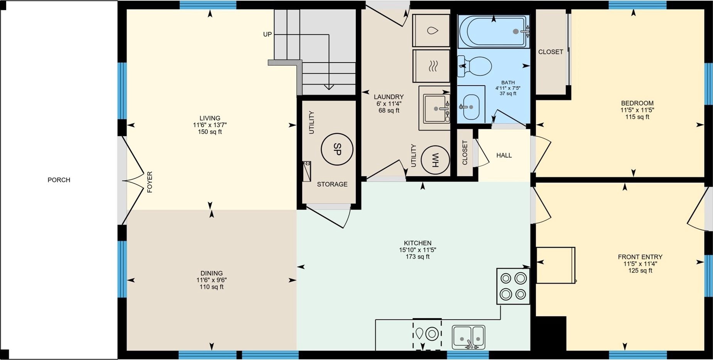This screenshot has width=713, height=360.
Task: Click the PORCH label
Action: click(59, 180)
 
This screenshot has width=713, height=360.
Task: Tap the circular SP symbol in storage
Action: click(337, 149)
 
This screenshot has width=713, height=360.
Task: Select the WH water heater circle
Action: click(435, 160)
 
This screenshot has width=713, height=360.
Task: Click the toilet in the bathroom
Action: click(475, 66)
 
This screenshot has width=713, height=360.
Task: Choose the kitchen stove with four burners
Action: click(513, 286)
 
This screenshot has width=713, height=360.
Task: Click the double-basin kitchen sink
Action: click(468, 337)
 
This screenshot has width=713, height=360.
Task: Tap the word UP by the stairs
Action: click(267, 34)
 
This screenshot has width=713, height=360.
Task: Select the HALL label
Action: click(504, 155)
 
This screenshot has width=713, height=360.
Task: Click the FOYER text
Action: click(150, 182)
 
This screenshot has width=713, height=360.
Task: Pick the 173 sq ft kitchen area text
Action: click(417, 257)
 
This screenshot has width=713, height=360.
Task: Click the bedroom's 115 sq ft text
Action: click(637, 117)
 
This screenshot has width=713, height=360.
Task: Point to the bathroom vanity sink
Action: click(471, 107)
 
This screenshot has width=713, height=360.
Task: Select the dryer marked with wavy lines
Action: click(431, 66)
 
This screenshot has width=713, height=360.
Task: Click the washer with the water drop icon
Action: click(431, 30)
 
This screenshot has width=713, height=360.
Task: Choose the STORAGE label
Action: click(332, 184)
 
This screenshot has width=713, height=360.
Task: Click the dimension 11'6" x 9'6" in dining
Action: click(211, 280)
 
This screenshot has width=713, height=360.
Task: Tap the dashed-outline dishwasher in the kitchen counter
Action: click(427, 334)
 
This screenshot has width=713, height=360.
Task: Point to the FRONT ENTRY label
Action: click(640, 257)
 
